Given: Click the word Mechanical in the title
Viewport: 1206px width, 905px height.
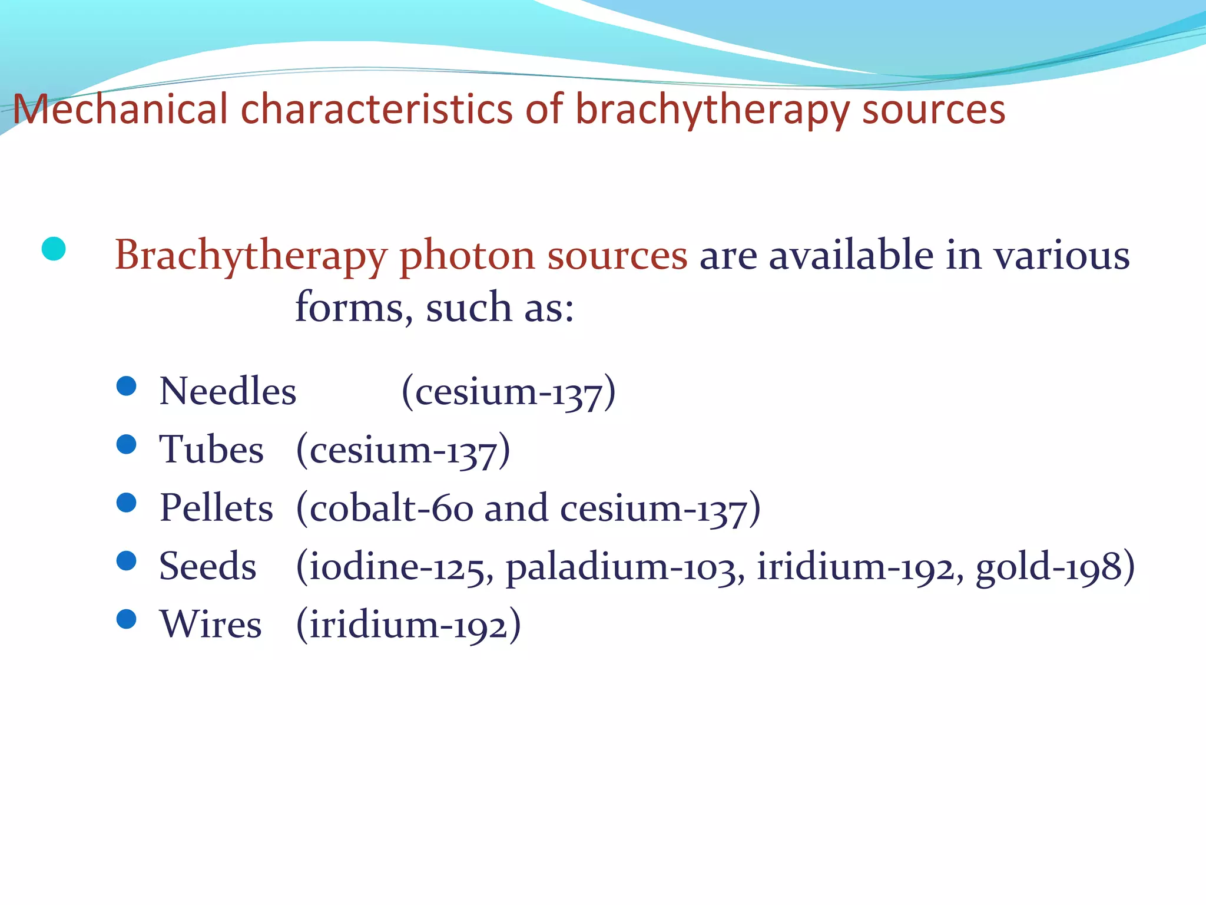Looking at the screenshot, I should coord(120,110).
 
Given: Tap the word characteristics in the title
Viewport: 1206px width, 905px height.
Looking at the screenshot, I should coord(377,110).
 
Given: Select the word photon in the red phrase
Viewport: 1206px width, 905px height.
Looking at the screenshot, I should coord(467,256).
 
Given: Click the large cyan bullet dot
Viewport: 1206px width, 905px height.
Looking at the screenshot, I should coord(54,249).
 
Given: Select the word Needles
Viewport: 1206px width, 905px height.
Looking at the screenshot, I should coord(228,391).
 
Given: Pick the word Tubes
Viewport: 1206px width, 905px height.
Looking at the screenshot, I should coord(211,450).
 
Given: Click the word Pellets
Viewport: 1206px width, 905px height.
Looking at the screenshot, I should coord(216,508).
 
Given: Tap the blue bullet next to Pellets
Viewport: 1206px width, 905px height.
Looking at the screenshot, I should coord(127,503).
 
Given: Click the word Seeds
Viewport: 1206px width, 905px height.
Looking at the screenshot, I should coord(207,566).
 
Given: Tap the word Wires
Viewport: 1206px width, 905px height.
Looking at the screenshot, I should coord(210,624).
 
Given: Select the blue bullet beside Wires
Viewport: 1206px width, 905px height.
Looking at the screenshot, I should coord(127,619).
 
